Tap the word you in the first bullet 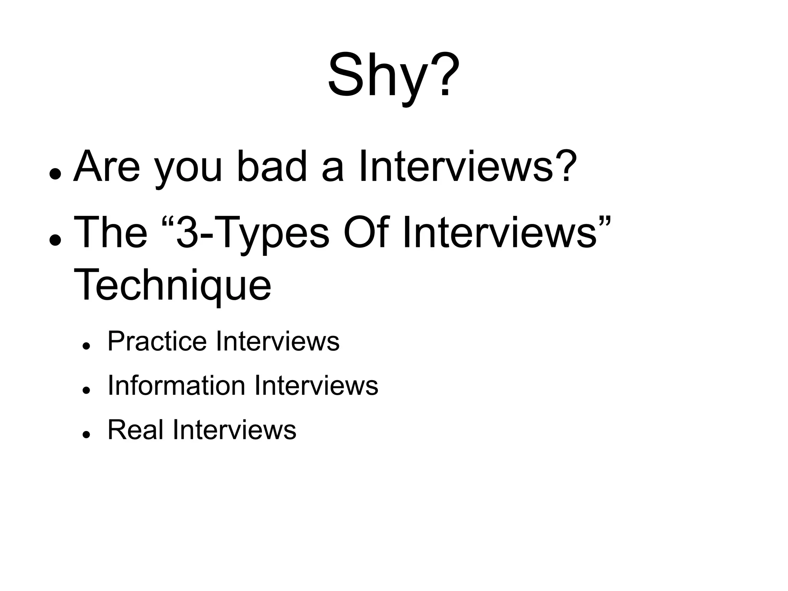[188, 169]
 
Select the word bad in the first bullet [272, 167]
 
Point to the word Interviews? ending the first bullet [467, 167]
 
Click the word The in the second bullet [111, 232]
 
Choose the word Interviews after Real [235, 429]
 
